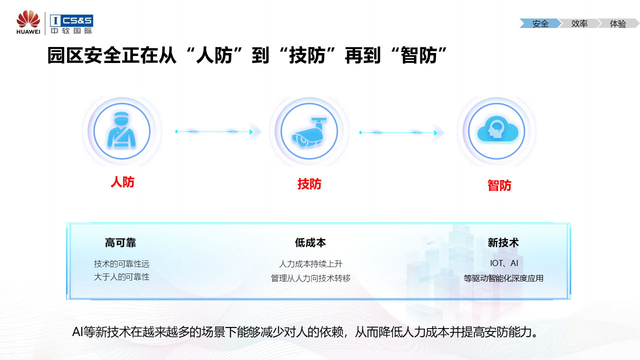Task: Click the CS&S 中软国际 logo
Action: (x=71, y=24)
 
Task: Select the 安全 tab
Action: (x=540, y=23)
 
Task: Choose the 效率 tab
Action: (x=579, y=23)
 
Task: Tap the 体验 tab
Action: (x=618, y=23)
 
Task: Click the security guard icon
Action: (x=122, y=131)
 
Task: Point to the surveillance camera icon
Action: (x=309, y=131)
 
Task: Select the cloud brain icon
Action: (x=496, y=131)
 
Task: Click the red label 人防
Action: (x=122, y=182)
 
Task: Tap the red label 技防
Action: (x=309, y=184)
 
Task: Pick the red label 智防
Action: (x=499, y=185)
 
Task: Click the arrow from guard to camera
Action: (x=217, y=131)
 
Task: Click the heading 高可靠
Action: (x=120, y=243)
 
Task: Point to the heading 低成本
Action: (x=310, y=243)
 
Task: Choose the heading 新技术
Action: (x=503, y=243)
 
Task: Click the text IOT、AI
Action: (x=503, y=263)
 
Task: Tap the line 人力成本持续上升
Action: (x=310, y=263)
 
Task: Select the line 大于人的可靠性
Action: (x=121, y=276)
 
